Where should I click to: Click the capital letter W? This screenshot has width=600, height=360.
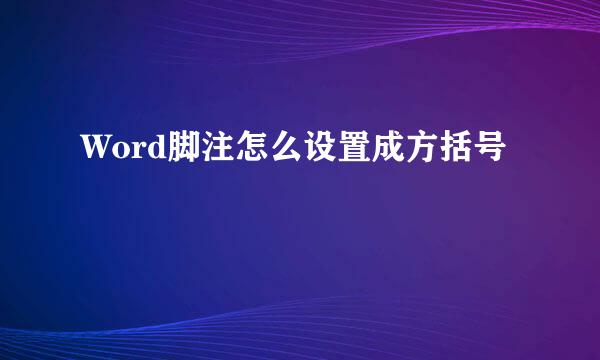pyautogui.click(x=94, y=151)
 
